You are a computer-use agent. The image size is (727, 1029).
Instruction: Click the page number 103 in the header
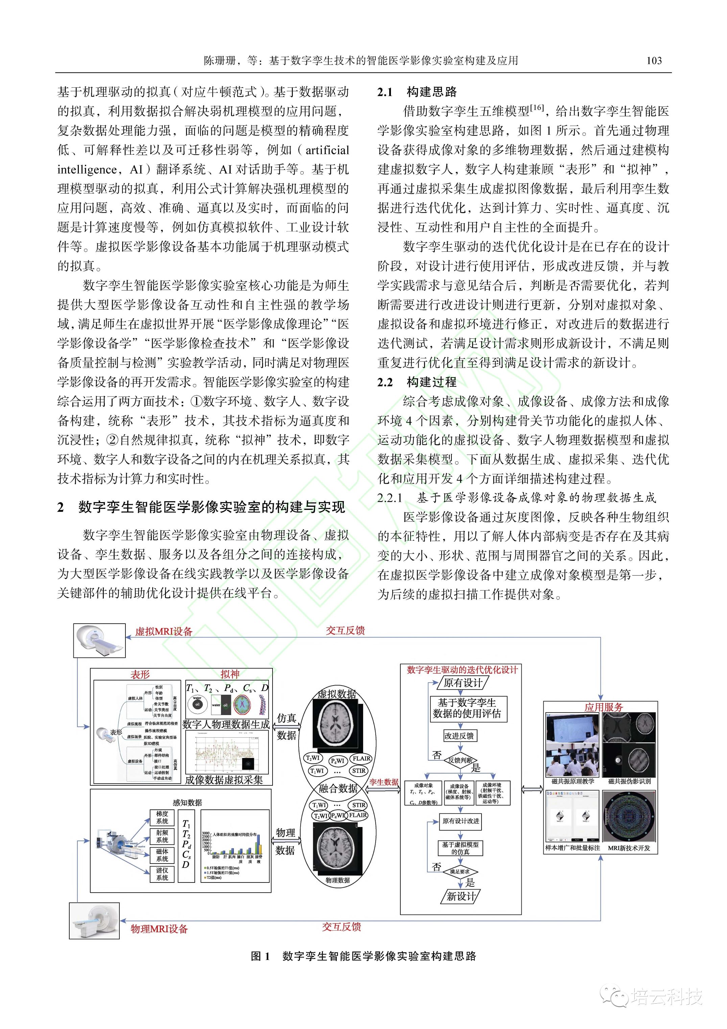pos(654,61)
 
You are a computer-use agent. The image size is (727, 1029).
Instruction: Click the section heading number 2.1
pos(385,92)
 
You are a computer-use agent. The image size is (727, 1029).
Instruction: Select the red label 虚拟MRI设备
pos(164,631)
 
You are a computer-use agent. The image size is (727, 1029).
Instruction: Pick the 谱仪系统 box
pos(162,874)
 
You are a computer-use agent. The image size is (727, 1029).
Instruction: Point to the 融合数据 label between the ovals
pos(338,788)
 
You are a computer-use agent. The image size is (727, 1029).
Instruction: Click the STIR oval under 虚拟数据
pos(359,771)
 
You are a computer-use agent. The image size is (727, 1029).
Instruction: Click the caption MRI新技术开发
pos(629,848)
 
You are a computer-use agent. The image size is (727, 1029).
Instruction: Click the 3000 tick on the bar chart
pos(206,833)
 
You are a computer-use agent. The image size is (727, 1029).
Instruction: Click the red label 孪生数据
pos(384,782)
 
